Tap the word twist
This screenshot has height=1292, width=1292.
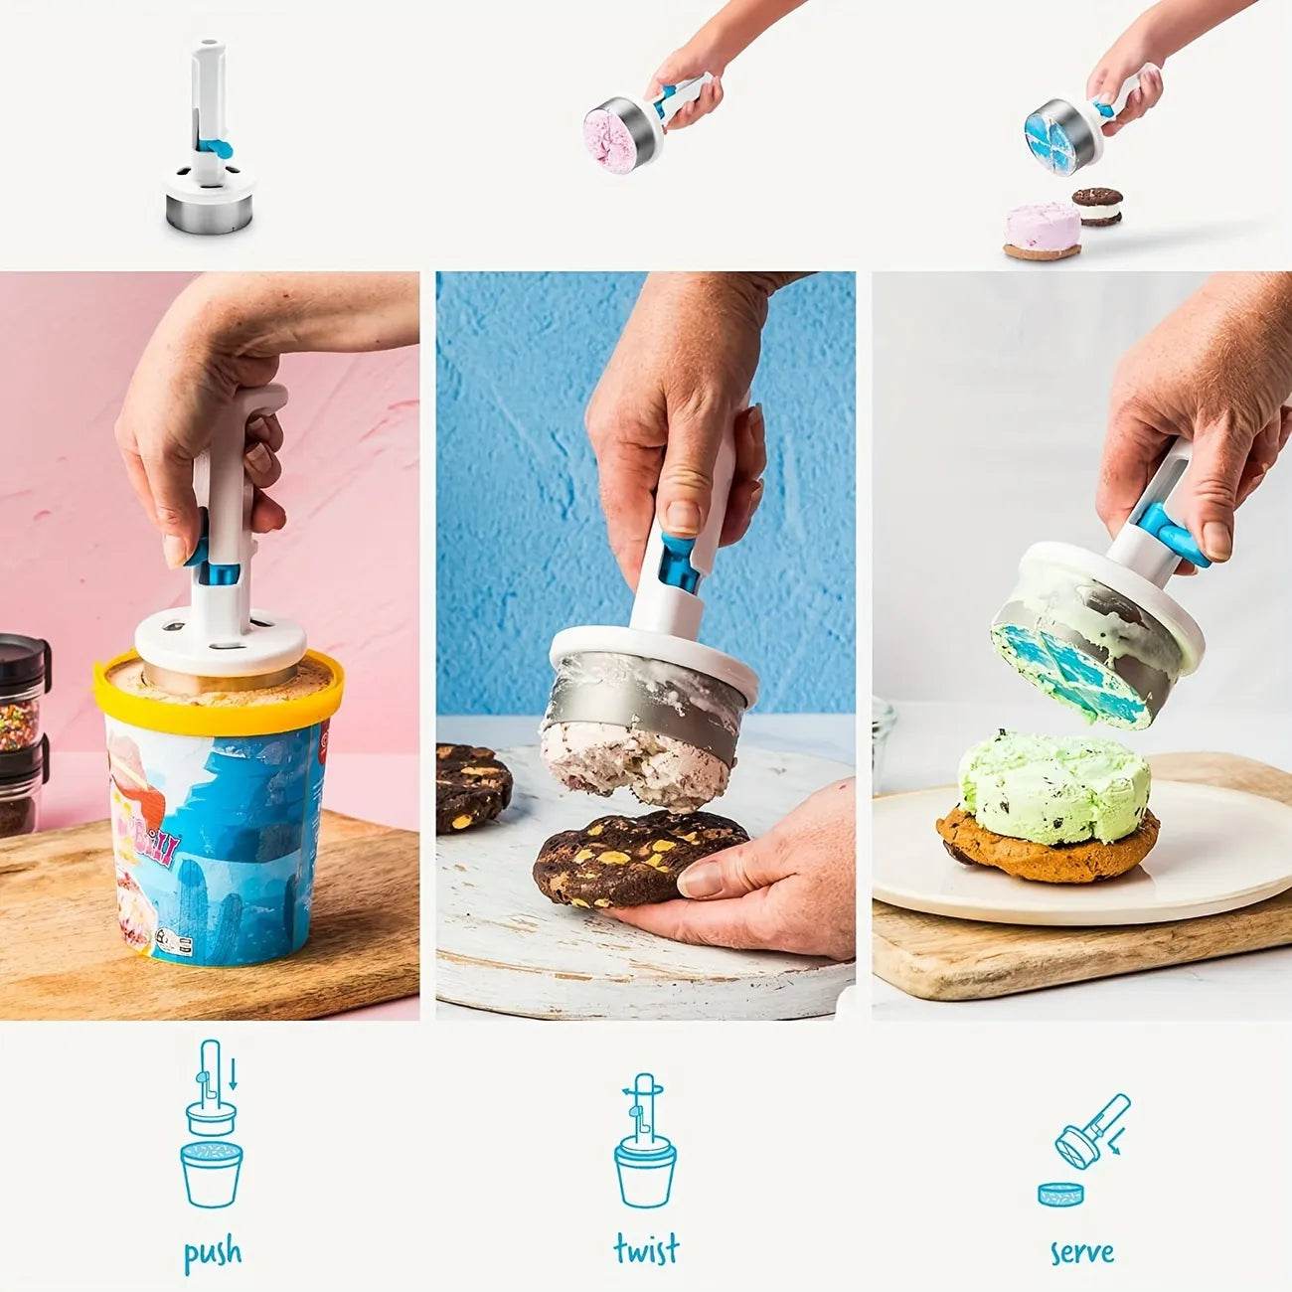646,1248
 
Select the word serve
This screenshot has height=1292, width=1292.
1081,1252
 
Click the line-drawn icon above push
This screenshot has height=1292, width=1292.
212,1123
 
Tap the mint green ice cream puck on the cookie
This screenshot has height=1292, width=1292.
1053,785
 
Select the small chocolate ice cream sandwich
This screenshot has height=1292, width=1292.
1097,206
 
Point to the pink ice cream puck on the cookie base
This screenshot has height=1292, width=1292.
1042,228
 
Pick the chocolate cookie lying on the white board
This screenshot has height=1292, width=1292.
471,787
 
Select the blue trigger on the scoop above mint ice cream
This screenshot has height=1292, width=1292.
1173,535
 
